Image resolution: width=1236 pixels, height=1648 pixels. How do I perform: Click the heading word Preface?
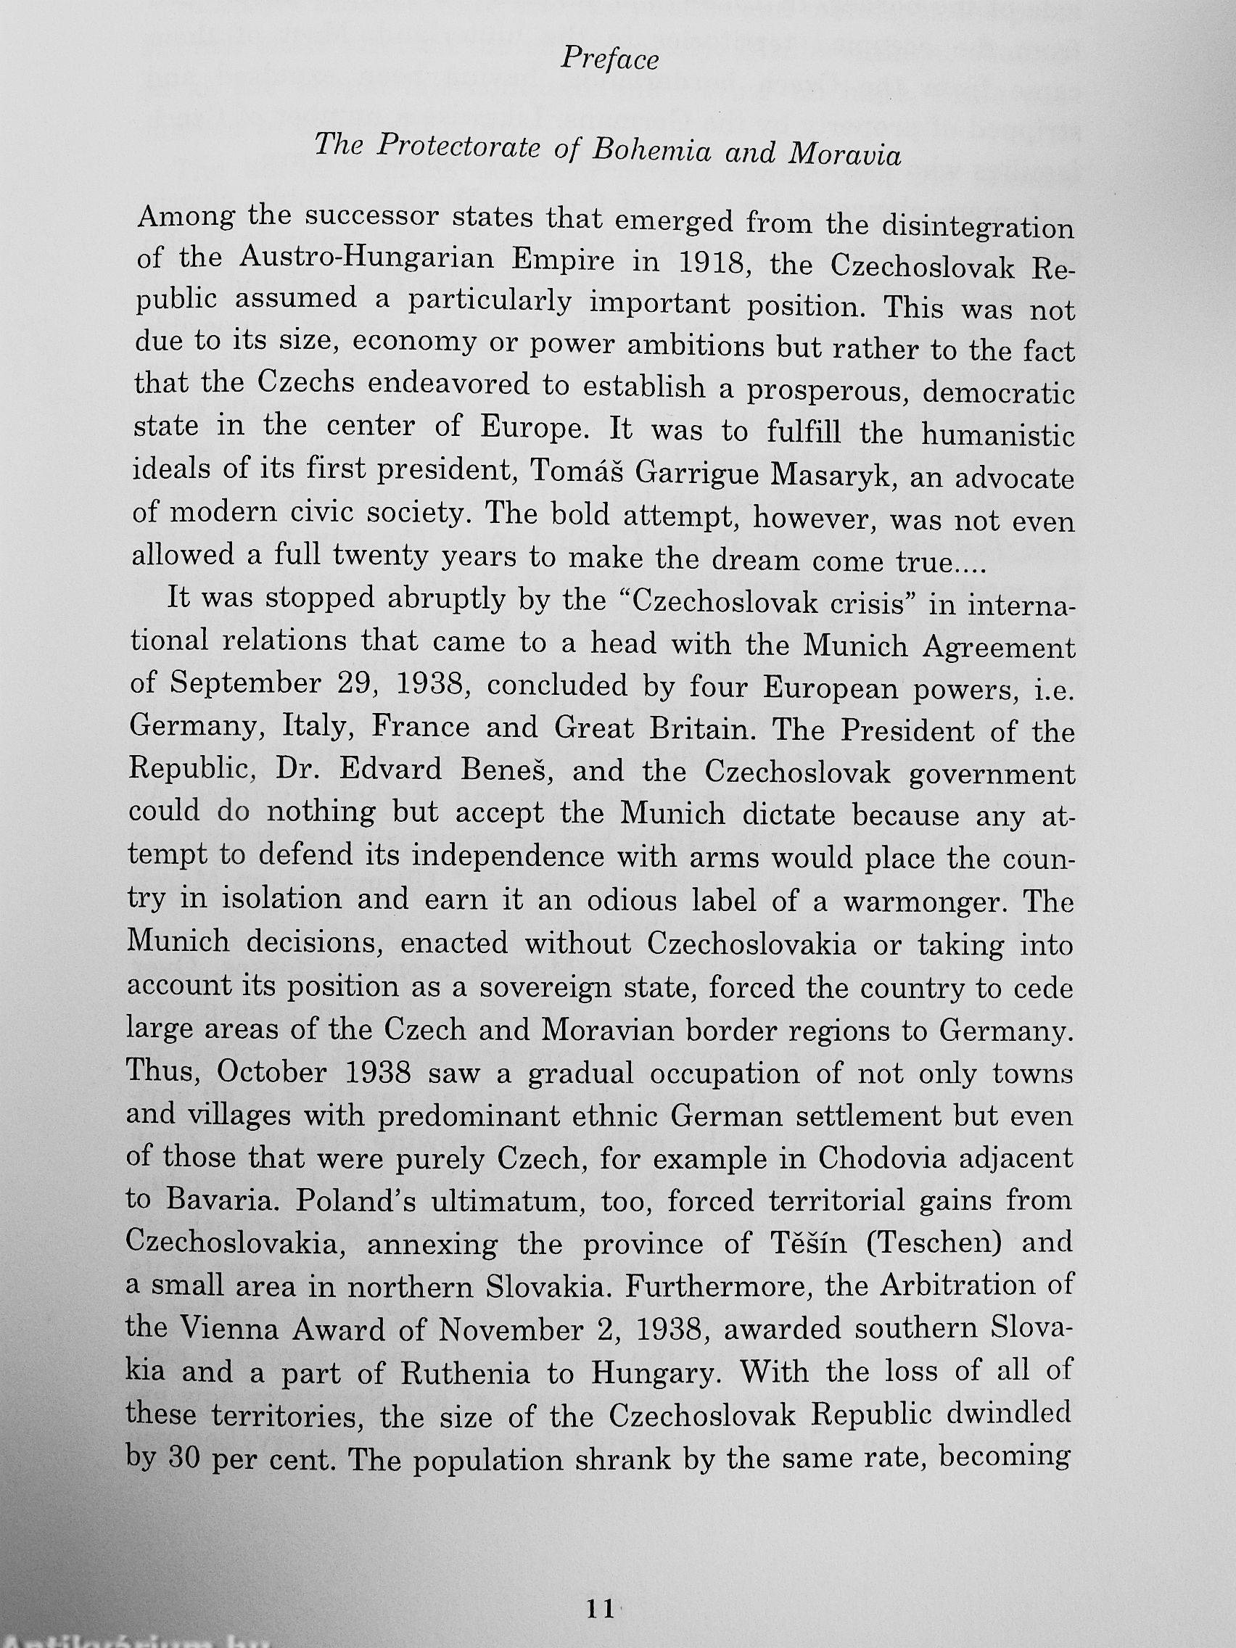609,59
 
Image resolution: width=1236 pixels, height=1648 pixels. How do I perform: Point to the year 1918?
705,263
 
